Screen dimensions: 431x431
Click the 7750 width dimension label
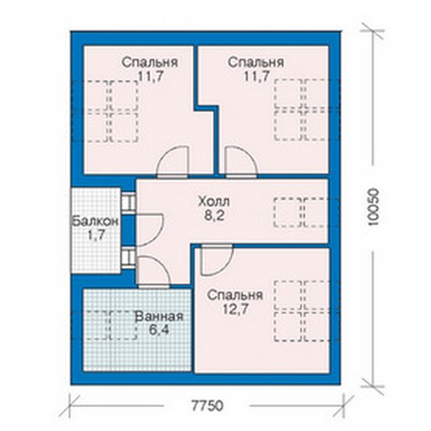pyautogui.click(x=208, y=406)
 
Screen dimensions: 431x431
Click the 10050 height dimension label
pyautogui.click(x=373, y=207)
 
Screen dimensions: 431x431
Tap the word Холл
pyautogui.click(x=214, y=202)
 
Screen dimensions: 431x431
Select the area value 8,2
pyautogui.click(x=214, y=215)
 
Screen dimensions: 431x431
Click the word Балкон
pyautogui.click(x=95, y=222)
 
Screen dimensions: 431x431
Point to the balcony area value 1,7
pyautogui.click(x=96, y=235)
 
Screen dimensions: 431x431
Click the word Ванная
pyautogui.click(x=159, y=316)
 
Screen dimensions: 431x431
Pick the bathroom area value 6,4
pyautogui.click(x=159, y=330)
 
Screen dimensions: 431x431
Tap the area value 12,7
pyautogui.click(x=235, y=309)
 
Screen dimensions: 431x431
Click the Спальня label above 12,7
pyautogui.click(x=235, y=296)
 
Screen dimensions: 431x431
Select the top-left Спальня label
pyautogui.click(x=150, y=62)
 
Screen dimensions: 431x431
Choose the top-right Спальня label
pyautogui.click(x=256, y=62)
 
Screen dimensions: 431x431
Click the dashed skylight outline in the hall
pyautogui.click(x=301, y=212)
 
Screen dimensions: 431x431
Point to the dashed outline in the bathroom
pyautogui.click(x=110, y=325)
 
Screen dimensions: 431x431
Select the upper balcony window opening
pyautogui.click(x=128, y=203)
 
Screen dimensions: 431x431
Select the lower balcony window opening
pyautogui.click(x=128, y=258)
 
